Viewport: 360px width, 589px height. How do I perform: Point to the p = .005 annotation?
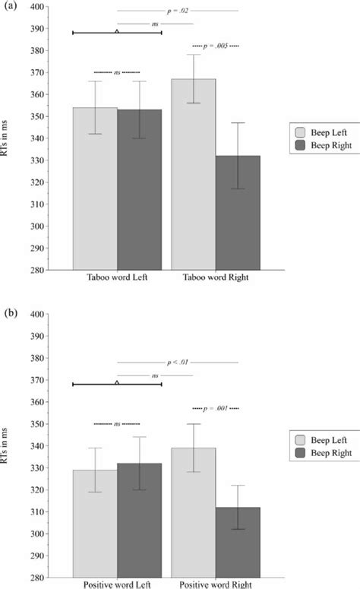click(216, 46)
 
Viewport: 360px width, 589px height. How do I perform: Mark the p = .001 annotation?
click(216, 408)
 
